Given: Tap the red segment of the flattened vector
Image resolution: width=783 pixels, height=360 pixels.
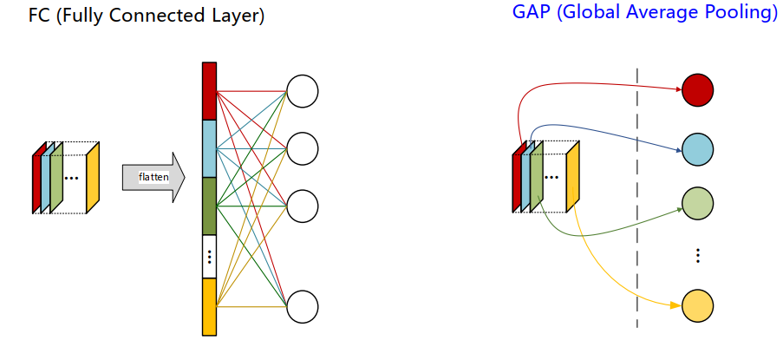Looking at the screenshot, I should click(209, 91).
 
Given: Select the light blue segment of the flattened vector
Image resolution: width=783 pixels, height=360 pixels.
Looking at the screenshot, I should click(209, 148).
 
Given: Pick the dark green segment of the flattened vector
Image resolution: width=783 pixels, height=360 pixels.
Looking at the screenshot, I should click(209, 206).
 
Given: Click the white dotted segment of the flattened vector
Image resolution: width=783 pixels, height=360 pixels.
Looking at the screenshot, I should click(209, 256).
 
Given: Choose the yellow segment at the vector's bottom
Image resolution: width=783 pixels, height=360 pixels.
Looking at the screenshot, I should click(209, 305).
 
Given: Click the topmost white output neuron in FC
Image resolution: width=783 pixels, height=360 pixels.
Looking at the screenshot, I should click(303, 90).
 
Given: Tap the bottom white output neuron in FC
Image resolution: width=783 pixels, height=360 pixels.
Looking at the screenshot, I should click(303, 306).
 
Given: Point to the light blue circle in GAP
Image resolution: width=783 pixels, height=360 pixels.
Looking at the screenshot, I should click(697, 150).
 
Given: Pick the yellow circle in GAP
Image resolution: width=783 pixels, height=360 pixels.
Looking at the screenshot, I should click(697, 306).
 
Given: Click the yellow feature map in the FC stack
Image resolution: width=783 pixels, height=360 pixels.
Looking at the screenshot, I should click(93, 176).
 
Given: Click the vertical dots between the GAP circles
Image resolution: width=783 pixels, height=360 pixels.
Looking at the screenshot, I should click(697, 256).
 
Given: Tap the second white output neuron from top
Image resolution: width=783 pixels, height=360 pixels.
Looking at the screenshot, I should click(303, 148).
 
